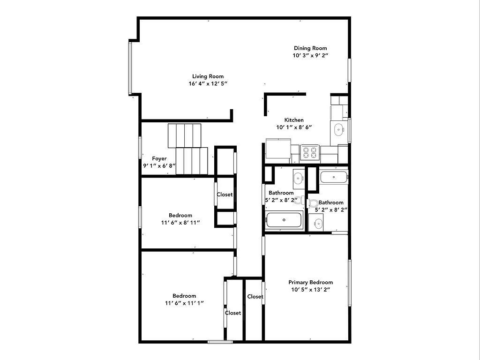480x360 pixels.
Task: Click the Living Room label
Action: pyautogui.click(x=208, y=76)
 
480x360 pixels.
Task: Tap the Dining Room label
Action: pyautogui.click(x=310, y=48)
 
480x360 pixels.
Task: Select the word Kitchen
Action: pyautogui.click(x=294, y=120)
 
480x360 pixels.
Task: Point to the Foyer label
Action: pyautogui.click(x=159, y=158)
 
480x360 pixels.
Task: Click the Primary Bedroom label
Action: pyautogui.click(x=310, y=282)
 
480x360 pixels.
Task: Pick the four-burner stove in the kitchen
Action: pyautogui.click(x=309, y=152)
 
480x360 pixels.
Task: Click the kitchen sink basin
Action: pyautogui.click(x=338, y=129)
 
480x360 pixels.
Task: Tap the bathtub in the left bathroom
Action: pyautogui.click(x=284, y=220)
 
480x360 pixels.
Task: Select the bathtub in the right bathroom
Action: pyautogui.click(x=334, y=177)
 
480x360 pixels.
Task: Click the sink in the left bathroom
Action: pyautogui.click(x=299, y=177)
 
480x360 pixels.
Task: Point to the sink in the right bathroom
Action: pyautogui.click(x=316, y=223)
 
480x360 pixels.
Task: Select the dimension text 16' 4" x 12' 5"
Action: pyautogui.click(x=208, y=83)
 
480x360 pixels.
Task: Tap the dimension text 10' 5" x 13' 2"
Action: pyautogui.click(x=310, y=290)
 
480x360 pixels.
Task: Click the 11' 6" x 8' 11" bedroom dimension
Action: pyautogui.click(x=180, y=223)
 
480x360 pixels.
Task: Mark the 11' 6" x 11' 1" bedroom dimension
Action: pyautogui.click(x=184, y=303)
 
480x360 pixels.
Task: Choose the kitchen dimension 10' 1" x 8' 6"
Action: pyautogui.click(x=294, y=127)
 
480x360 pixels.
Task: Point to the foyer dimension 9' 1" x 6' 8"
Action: pyautogui.click(x=159, y=165)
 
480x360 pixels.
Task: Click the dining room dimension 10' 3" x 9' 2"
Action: pyautogui.click(x=310, y=55)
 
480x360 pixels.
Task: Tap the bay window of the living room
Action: pyautogui.click(x=130, y=68)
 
